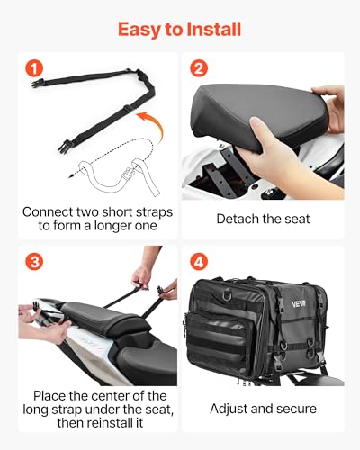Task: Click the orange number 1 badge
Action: point(34,68)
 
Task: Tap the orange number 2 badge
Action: point(199,68)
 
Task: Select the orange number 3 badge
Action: point(34,262)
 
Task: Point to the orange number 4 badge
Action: point(199,262)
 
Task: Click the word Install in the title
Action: point(214,30)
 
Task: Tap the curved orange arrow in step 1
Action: point(150,124)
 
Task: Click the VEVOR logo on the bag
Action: point(299,304)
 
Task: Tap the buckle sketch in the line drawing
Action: point(129,174)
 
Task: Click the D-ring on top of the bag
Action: point(228,296)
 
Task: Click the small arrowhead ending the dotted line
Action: point(71,176)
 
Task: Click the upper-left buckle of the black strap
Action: point(38,83)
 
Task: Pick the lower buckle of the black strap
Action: point(65,147)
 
